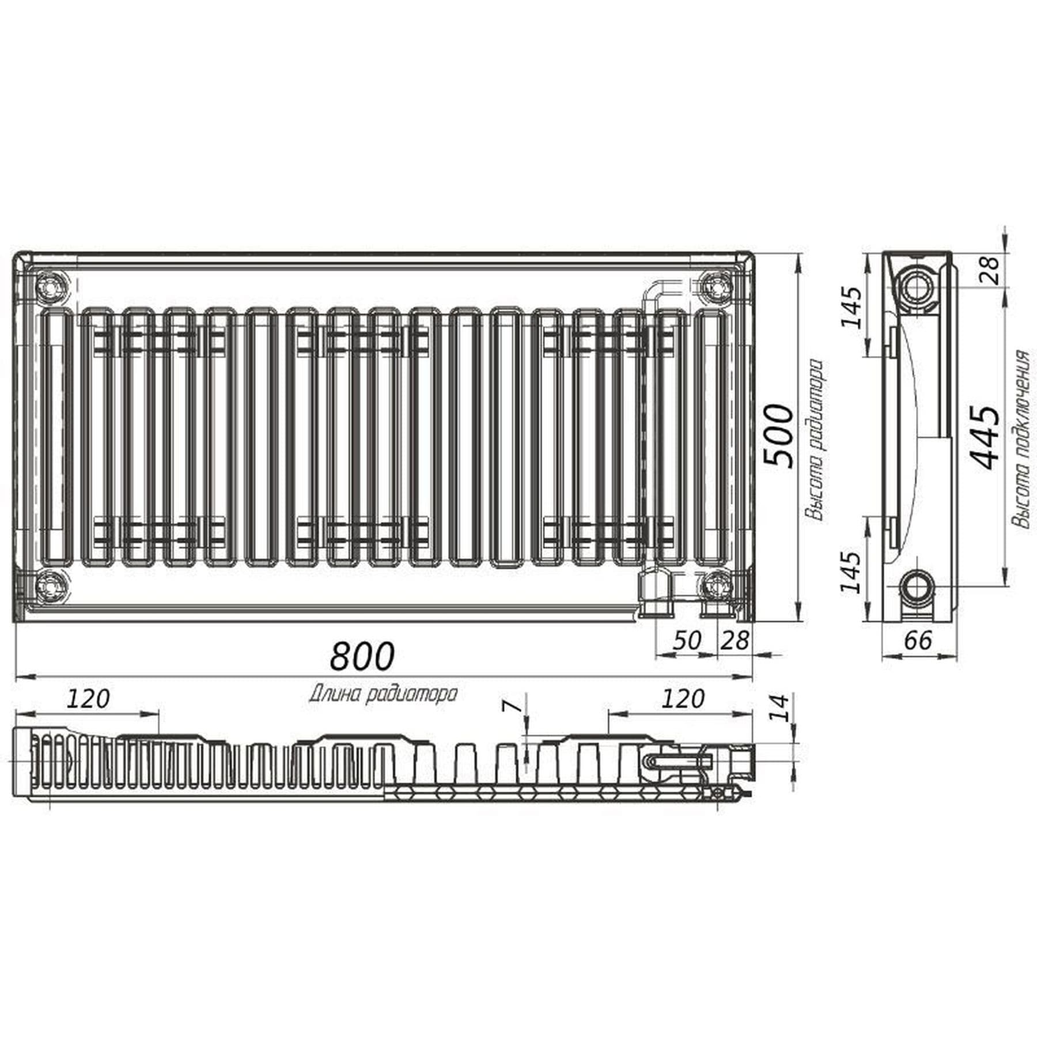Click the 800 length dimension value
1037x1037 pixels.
tap(362, 656)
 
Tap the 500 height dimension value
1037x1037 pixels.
tap(778, 436)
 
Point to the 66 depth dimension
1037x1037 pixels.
tap(918, 640)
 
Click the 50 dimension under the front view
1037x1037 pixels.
tap(687, 640)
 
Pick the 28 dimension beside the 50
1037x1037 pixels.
tap(735, 640)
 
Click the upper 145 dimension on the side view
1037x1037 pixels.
tap(851, 306)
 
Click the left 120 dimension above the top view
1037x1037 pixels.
tap(88, 699)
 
